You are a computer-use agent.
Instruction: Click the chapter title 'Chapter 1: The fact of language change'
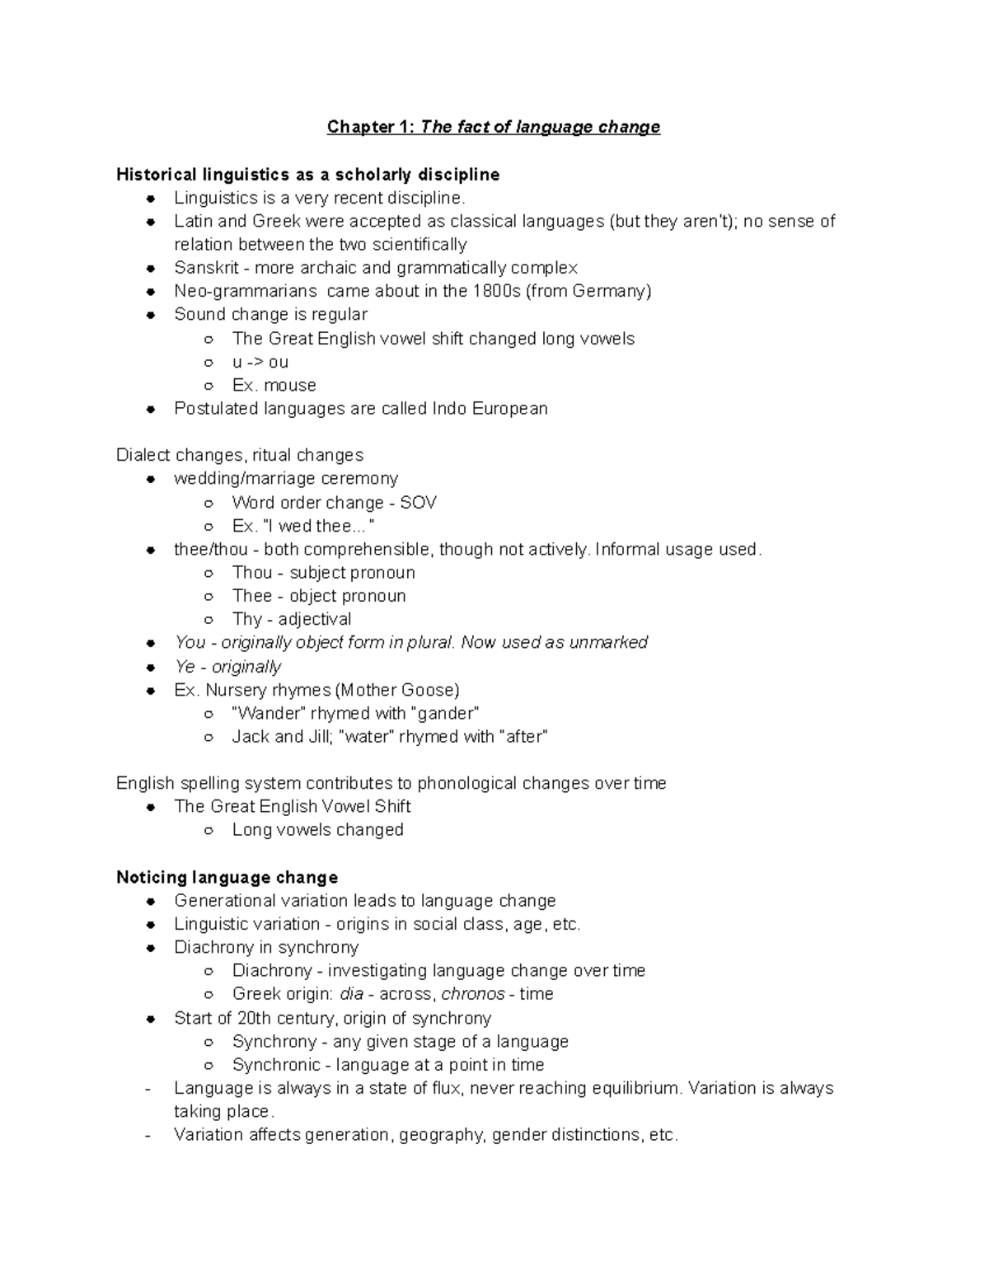pos(493,127)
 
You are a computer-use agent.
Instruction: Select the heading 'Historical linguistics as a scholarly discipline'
pos(307,175)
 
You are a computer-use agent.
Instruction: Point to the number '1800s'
pos(497,291)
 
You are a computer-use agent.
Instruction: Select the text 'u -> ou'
pos(260,362)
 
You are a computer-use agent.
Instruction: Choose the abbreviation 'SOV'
pos(418,503)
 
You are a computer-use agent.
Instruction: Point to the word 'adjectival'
pos(314,619)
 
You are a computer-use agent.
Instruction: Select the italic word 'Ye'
pos(185,667)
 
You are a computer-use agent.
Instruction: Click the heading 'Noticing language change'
pos(227,877)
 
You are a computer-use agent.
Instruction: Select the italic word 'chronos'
pos(473,994)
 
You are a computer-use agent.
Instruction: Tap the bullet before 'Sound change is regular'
pos(151,315)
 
